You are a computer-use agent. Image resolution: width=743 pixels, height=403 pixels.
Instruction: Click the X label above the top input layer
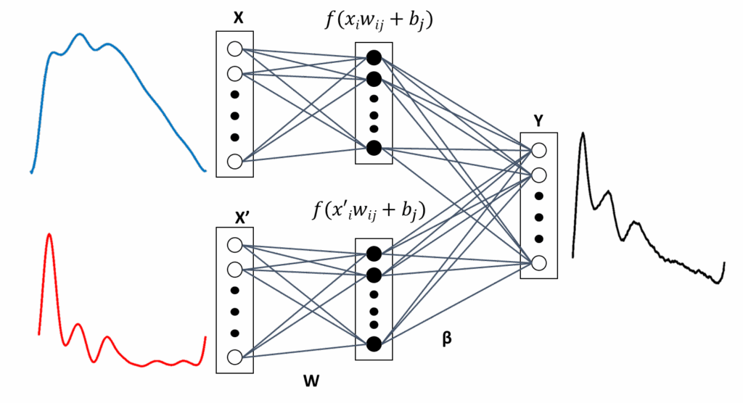pyautogui.click(x=238, y=19)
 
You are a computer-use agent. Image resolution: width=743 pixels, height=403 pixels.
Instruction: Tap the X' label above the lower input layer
pyautogui.click(x=242, y=217)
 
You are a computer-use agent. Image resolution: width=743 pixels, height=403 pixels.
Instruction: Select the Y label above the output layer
pyautogui.click(x=538, y=122)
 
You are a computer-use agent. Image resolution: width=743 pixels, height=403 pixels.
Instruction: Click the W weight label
pyautogui.click(x=311, y=380)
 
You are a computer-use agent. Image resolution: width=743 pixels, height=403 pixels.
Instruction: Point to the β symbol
pyautogui.click(x=447, y=338)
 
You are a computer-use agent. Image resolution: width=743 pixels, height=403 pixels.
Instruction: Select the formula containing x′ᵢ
pyautogui.click(x=369, y=210)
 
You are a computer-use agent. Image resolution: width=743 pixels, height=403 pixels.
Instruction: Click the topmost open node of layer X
pyautogui.click(x=234, y=49)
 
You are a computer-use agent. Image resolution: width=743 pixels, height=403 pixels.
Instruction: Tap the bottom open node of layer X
pyautogui.click(x=234, y=161)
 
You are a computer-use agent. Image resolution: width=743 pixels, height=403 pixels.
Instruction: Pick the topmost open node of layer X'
pyautogui.click(x=234, y=245)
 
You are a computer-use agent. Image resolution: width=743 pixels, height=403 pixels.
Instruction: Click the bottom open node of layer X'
pyautogui.click(x=234, y=357)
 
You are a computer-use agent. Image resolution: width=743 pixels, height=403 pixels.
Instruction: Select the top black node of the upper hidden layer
pyautogui.click(x=374, y=57)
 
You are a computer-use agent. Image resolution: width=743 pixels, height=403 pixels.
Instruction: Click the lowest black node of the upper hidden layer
pyautogui.click(x=374, y=148)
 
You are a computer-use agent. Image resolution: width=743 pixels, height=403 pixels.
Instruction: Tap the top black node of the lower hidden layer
pyautogui.click(x=374, y=253)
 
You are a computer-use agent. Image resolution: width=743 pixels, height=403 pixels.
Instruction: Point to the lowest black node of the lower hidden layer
pyautogui.click(x=374, y=344)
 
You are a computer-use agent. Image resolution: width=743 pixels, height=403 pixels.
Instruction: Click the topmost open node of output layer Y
pyautogui.click(x=538, y=150)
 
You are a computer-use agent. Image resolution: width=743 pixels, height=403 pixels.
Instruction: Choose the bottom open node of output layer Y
pyautogui.click(x=538, y=262)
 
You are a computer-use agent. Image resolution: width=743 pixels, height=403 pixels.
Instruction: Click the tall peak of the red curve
pyautogui.click(x=49, y=235)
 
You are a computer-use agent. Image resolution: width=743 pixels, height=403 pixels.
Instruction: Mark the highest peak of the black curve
pyautogui.click(x=583, y=135)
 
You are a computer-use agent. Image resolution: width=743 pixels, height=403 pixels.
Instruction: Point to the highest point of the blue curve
pyautogui.click(x=79, y=34)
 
